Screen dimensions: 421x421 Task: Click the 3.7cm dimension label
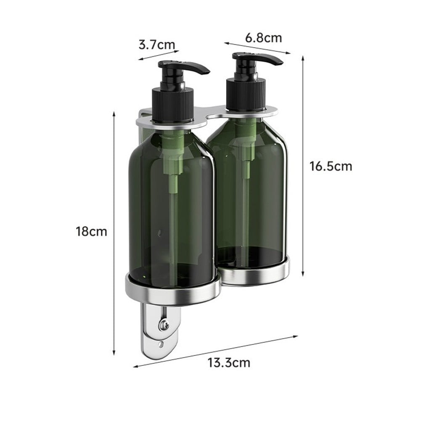tap(156, 44)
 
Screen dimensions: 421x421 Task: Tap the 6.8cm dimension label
tap(264, 38)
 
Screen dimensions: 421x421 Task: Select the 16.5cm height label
tap(331, 166)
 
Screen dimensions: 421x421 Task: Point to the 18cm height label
tap(91, 231)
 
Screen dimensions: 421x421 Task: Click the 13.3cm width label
tap(228, 362)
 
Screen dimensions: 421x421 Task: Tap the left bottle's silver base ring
tap(172, 290)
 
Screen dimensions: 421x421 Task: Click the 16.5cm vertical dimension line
tap(303, 166)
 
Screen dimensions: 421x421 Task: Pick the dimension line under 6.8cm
tap(257, 48)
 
